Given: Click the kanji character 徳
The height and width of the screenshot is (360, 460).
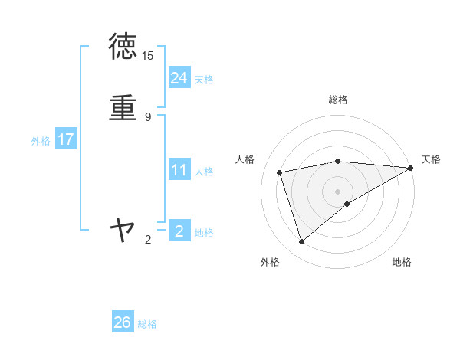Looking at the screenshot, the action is pos(123,47).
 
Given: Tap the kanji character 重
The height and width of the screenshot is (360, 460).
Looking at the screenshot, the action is pos(123,107).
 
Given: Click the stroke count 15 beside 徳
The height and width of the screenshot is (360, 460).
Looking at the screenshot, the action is pos(148,56).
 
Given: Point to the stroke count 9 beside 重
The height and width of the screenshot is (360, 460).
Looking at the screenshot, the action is pos(148,117).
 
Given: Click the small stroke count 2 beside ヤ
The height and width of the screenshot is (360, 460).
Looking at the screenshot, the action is pos(148,240).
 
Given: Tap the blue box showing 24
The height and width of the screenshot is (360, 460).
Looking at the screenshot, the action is pos(179,78).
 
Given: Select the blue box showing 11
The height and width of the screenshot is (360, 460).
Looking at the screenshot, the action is pos(179,170).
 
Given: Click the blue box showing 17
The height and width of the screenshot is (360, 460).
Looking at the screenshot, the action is pos(65,139).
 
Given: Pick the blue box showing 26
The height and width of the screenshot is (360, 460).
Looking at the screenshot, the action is pos(123,322).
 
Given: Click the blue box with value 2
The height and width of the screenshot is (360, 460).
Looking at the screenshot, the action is pos(179,231).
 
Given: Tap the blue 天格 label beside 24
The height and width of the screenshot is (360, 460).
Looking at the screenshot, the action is pos(204,80).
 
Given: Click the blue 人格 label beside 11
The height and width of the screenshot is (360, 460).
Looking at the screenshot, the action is pos(204,172).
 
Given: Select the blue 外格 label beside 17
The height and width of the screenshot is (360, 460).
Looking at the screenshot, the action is pos(41,141).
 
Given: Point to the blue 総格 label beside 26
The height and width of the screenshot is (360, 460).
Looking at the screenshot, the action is pos(147,324).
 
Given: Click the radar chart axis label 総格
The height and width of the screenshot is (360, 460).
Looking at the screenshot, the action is pos(338,100).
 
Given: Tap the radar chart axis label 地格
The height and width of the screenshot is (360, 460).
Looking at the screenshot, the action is pos(402,263).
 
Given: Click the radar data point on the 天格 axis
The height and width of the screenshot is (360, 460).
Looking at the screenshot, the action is pos(412,167).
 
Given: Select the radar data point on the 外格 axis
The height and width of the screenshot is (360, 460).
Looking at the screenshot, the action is pos(301,242).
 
